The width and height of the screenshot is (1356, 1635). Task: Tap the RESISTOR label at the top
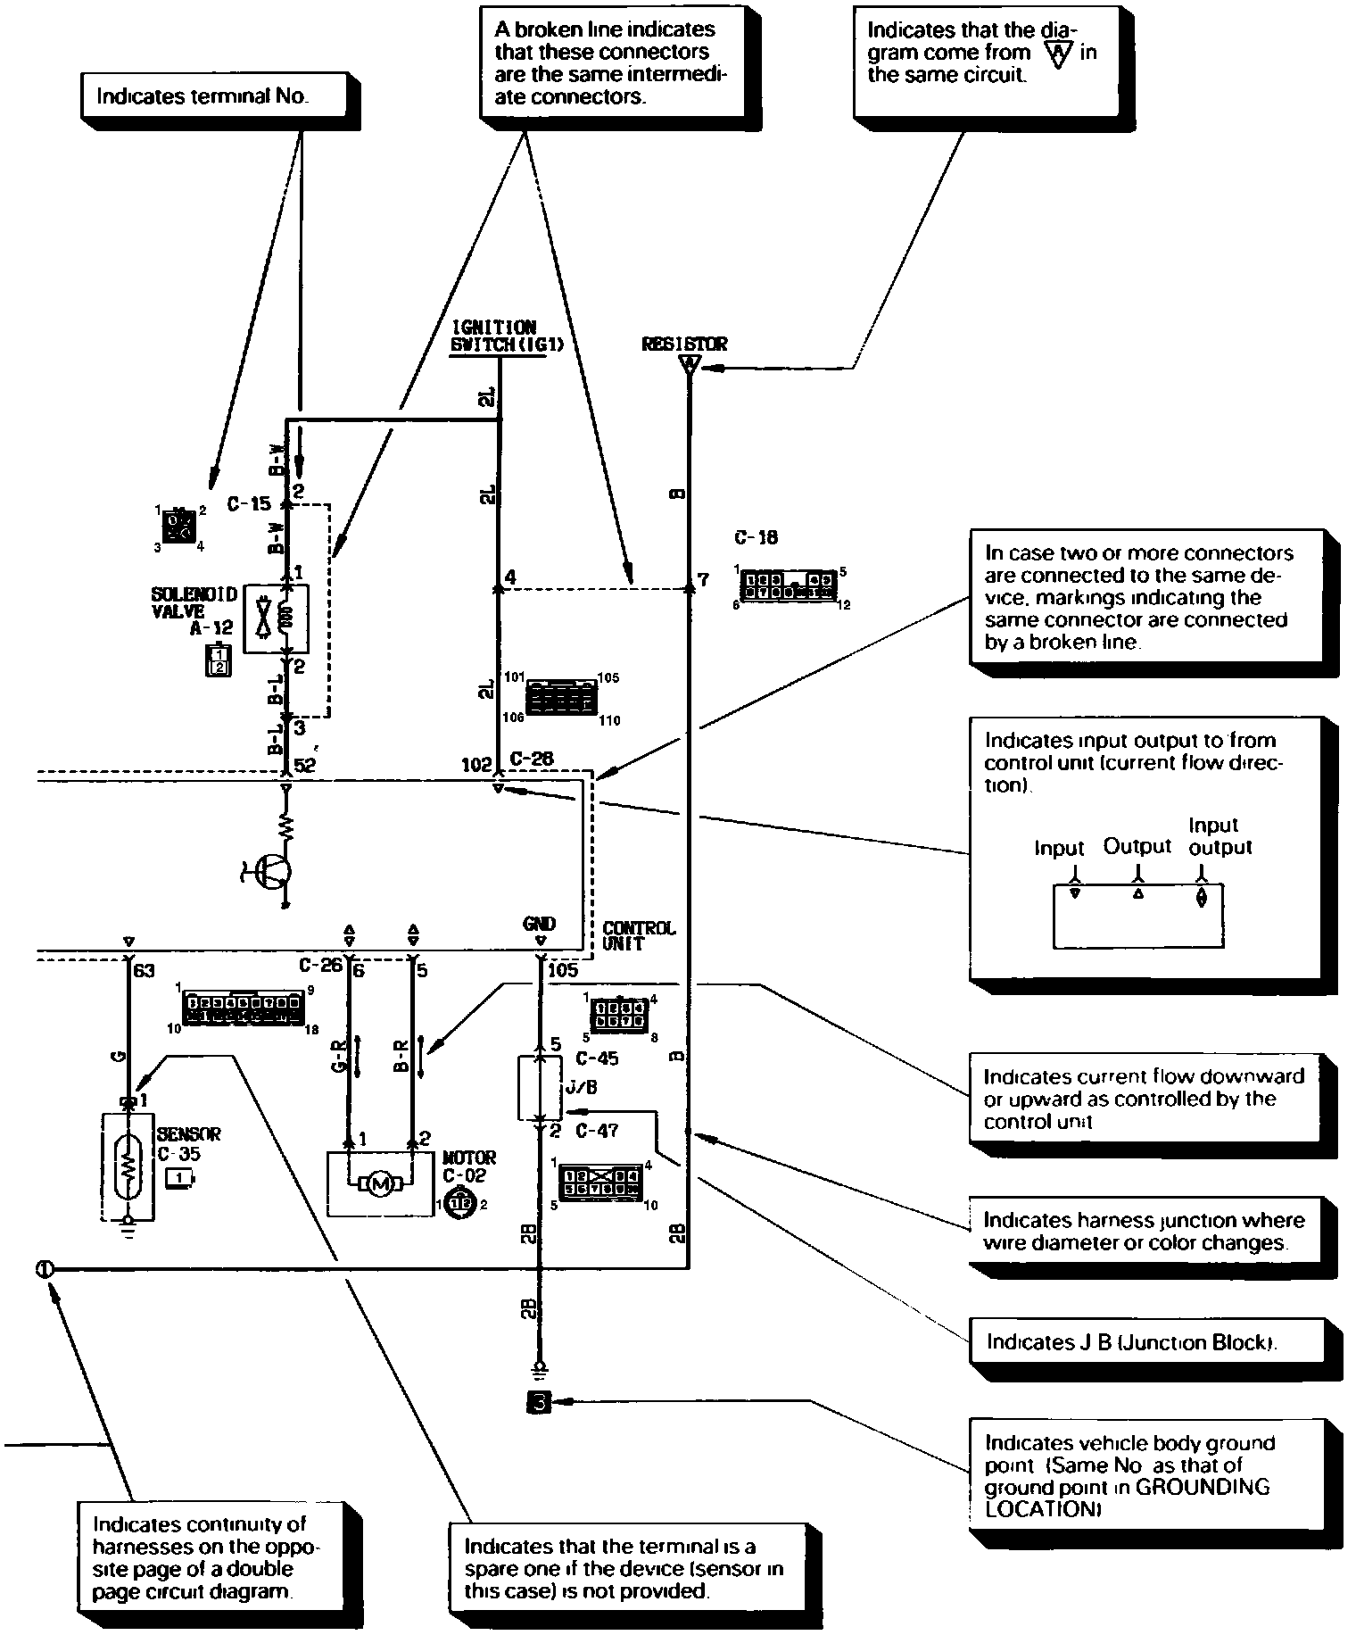coord(684,344)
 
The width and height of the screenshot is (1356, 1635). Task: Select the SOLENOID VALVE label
coord(194,602)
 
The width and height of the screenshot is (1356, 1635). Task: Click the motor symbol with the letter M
coord(381,1183)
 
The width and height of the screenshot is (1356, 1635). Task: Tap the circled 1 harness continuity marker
coord(45,1268)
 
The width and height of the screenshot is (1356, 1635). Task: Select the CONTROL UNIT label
coord(639,935)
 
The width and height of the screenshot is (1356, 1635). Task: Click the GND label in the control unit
coord(540,924)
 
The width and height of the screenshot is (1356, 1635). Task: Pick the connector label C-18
coord(756,537)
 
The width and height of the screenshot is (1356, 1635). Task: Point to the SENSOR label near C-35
coord(188,1134)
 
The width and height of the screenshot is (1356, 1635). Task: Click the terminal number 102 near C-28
coord(476,764)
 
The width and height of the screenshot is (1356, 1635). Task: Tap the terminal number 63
coord(143,969)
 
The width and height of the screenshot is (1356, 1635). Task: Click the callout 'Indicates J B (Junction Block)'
coord(1130,1342)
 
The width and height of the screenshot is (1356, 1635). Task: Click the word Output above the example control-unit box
coord(1137,845)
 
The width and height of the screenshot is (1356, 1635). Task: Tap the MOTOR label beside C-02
coord(469,1158)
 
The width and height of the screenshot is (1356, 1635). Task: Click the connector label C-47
coord(597,1131)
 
